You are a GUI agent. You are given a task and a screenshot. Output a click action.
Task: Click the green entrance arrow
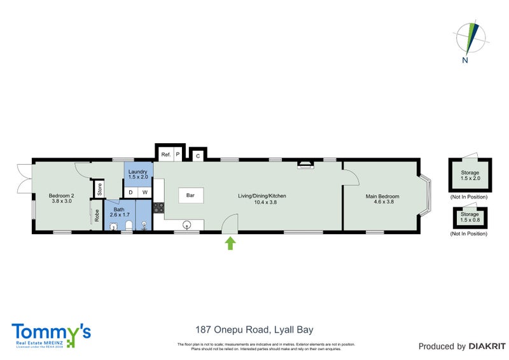(x=230, y=243)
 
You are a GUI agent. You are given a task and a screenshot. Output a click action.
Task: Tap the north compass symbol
(x=471, y=39)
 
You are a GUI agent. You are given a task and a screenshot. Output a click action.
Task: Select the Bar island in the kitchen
(x=190, y=196)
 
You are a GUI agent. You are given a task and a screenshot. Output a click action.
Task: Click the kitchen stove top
(x=158, y=207)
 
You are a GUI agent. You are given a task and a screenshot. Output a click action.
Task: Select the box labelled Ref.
(x=165, y=155)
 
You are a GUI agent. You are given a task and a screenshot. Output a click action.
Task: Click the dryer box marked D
(x=131, y=192)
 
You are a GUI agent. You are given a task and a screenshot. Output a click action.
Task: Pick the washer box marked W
(x=145, y=192)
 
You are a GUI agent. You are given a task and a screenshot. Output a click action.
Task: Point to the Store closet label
(x=99, y=190)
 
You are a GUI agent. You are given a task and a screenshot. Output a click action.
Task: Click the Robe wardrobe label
(x=97, y=215)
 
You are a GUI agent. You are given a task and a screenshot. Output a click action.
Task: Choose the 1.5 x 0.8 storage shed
(x=469, y=218)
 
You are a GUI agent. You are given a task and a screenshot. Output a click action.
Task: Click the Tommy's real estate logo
(x=52, y=335)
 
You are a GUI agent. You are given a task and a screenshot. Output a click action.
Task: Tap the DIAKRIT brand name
(x=487, y=347)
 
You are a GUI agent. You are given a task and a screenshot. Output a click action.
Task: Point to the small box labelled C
(x=198, y=155)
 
